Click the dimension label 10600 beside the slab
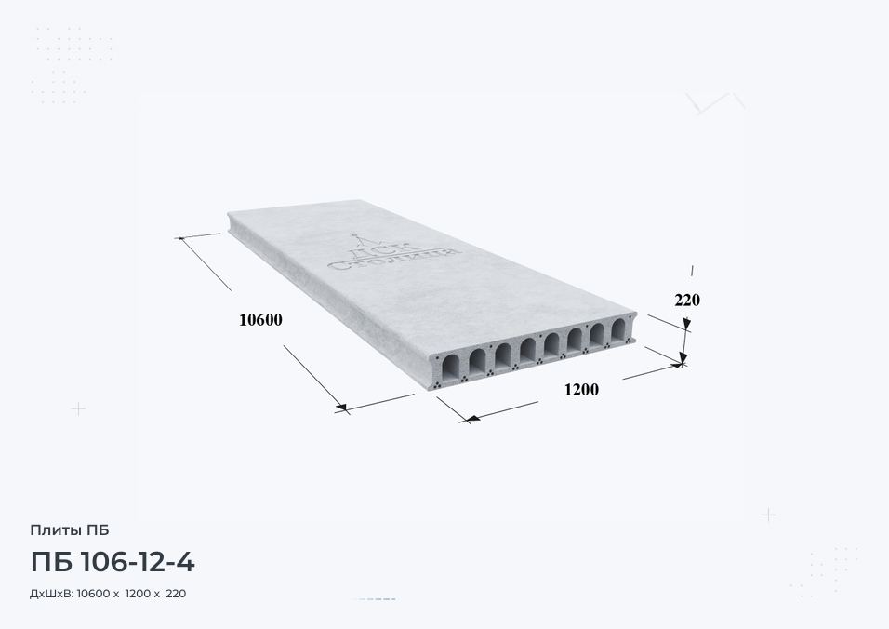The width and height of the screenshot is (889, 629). click(260, 320)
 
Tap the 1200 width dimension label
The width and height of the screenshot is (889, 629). click(581, 390)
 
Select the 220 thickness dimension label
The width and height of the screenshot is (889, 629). click(687, 300)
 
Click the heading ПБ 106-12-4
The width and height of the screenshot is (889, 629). click(113, 562)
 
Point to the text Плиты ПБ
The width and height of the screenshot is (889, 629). click(69, 530)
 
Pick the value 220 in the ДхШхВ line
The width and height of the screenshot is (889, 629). click(177, 594)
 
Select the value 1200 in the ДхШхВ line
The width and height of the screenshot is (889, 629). click(138, 594)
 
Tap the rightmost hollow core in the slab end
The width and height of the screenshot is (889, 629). click(618, 329)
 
